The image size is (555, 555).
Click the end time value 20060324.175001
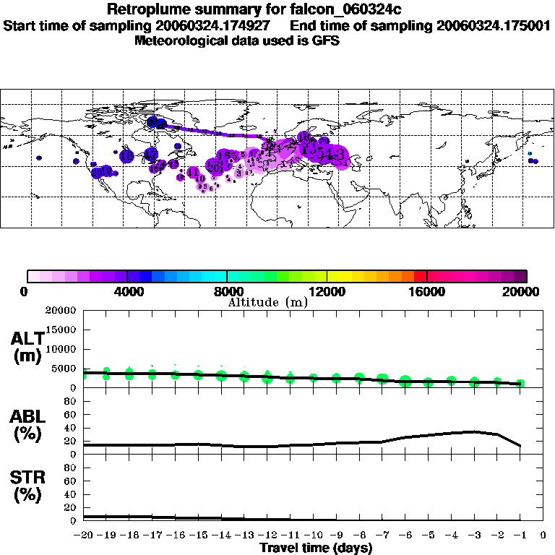tap(494, 25)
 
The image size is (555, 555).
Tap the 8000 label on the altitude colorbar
tap(226, 292)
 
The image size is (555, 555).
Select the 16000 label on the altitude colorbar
tap(427, 292)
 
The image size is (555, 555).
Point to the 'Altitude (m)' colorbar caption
tap(268, 302)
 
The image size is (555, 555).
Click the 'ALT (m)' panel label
tap(27, 346)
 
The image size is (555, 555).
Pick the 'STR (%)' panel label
tap(27, 486)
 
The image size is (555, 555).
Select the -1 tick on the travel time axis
tap(520, 535)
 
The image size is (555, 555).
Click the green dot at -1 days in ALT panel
tap(520, 384)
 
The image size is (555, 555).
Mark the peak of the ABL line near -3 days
tap(473, 431)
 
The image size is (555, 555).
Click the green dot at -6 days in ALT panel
tap(405, 381)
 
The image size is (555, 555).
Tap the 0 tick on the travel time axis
tap(543, 535)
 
